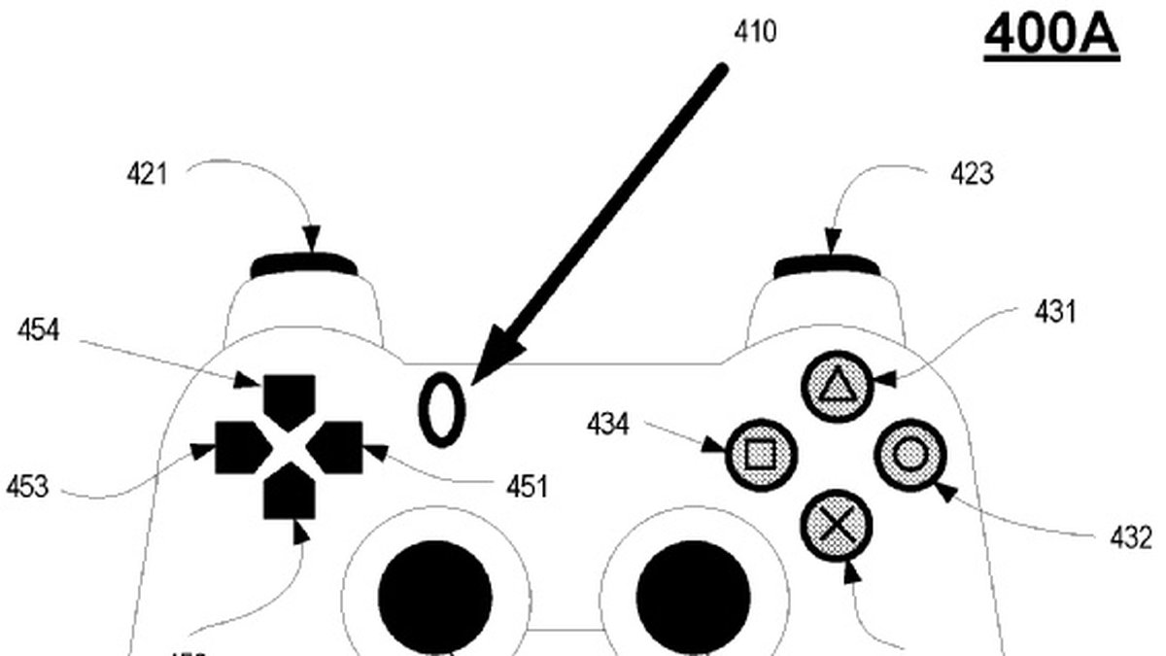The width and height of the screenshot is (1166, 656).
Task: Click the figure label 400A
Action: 1052,36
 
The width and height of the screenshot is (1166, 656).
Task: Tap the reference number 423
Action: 972,175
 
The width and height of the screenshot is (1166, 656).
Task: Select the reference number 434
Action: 608,424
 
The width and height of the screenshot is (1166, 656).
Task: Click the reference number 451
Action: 525,485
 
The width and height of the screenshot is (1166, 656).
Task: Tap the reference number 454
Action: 38,331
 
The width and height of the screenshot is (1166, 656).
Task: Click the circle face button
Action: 909,454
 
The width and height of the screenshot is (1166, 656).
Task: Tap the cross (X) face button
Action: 836,526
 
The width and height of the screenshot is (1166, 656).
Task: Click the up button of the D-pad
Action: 289,394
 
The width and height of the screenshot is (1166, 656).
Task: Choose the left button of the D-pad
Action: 235,445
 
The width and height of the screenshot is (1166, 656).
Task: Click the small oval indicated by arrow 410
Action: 442,411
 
